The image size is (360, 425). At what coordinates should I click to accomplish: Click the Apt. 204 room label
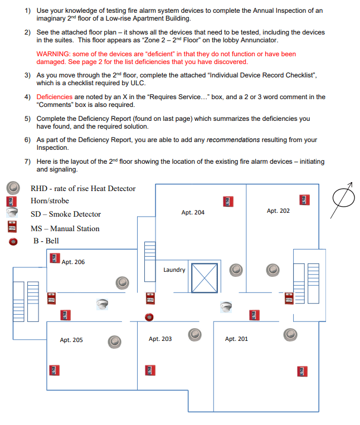point(193,212)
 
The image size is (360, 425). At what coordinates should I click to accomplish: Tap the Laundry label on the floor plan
point(174,270)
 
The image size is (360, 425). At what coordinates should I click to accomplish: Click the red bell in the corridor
point(148,317)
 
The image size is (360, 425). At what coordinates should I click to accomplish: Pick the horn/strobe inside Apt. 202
point(304,199)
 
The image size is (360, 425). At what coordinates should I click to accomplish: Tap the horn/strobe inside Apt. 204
point(227,201)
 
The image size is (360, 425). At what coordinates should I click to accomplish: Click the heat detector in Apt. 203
point(194,334)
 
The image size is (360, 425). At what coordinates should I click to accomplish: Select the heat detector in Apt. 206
point(122,282)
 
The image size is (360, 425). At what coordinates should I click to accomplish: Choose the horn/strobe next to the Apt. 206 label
point(54,258)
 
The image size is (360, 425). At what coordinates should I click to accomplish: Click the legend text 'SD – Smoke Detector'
point(66,214)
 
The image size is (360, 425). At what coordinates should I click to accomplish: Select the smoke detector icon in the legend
point(13,213)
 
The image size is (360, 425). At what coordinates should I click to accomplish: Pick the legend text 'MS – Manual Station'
point(65,228)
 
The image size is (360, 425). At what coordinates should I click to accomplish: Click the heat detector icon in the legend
point(13,188)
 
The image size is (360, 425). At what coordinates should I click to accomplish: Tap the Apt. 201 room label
point(236,339)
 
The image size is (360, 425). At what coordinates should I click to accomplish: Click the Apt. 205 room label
point(71,340)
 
